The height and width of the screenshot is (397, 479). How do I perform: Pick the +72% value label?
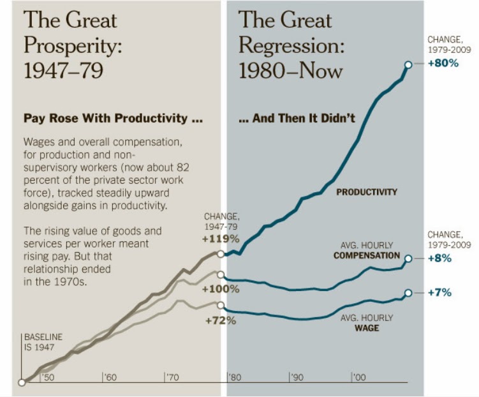(221, 320)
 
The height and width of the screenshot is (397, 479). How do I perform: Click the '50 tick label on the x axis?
(48, 378)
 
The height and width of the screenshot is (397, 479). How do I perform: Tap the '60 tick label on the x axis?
(111, 378)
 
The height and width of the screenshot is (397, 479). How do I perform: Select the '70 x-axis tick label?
(173, 378)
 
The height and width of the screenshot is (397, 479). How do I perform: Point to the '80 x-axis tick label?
(235, 378)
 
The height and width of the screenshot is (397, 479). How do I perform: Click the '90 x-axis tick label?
(297, 378)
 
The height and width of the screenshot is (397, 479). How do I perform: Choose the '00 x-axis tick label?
(359, 378)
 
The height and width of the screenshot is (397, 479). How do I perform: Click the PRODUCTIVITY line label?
(367, 191)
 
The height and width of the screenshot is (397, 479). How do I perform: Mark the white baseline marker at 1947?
(22, 383)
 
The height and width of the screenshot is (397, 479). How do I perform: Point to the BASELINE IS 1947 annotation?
(43, 343)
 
